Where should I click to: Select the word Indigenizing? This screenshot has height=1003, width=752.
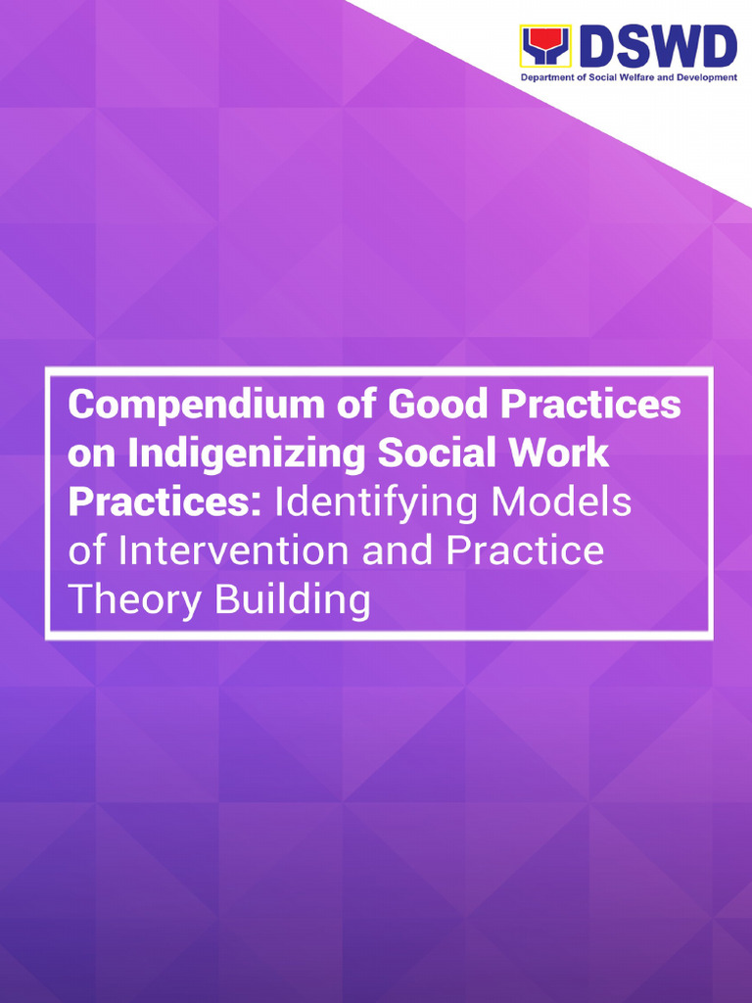(x=249, y=454)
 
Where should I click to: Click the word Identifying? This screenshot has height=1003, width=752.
(x=377, y=502)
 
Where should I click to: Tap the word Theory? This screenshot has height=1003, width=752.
(x=136, y=598)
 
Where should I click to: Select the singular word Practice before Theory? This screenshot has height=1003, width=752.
(x=525, y=550)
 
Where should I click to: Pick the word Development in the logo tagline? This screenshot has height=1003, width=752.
(x=705, y=77)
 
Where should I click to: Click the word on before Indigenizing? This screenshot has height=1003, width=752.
(x=90, y=454)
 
